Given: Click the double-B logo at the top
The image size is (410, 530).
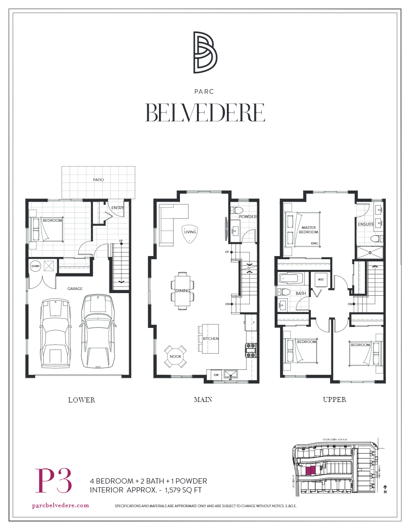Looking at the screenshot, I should tap(205, 52).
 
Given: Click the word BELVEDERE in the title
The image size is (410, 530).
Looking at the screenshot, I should tap(205, 113).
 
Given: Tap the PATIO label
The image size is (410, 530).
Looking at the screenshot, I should tap(98, 180).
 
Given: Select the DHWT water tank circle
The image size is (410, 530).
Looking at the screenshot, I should tap(35, 266).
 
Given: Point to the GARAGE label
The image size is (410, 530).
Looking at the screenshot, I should tap(75, 289).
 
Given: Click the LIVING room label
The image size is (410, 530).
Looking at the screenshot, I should tap(190, 232).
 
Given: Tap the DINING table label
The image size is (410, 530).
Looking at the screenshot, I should tap(183, 291).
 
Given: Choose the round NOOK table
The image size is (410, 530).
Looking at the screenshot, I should tap(175, 356).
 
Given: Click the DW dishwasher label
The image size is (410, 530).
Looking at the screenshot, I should tap(216, 375).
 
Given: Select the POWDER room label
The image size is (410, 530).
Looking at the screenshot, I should tap(247, 217).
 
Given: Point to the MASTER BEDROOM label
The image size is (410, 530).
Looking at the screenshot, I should tap(309, 229).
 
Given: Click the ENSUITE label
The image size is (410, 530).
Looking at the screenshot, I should tap(365, 224).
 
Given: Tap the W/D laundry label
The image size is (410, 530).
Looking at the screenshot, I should tap(321, 280).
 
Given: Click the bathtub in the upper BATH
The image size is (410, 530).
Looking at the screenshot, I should tap(291, 279).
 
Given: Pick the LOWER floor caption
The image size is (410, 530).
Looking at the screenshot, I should tap(81, 400).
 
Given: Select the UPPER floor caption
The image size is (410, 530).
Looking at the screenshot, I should tap(335, 400).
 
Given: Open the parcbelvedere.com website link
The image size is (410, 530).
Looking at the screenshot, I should tap(61, 505).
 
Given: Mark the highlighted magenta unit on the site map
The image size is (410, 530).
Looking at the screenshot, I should tap(310, 469).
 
